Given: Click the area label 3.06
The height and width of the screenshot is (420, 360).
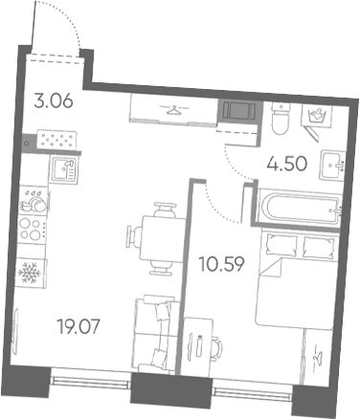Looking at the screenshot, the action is coord(54,101).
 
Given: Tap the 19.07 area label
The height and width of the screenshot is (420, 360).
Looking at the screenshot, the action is coord(79,326).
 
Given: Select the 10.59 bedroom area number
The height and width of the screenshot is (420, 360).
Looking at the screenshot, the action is coord(221,264).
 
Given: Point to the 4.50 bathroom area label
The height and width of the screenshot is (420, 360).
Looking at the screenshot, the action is coord(286,164).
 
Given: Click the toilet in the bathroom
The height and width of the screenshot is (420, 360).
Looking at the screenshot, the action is coord(281,119).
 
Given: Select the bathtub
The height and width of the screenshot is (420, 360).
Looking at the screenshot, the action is coord(300,207).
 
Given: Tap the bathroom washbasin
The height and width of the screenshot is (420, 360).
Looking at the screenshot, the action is coord(332,166).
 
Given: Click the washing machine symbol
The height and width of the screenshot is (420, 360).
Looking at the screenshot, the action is coord(317,115).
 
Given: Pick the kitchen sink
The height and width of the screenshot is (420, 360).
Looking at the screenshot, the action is coord(63,170).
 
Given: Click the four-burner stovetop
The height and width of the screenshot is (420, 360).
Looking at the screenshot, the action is coord(32,230).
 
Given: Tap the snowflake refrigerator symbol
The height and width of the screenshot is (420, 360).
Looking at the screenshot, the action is coord(30,274).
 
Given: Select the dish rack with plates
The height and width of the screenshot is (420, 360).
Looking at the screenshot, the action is coord(34,201).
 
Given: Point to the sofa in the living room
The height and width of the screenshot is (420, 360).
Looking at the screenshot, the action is coord(156,334).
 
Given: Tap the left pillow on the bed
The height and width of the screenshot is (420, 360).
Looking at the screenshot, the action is coord(281,244).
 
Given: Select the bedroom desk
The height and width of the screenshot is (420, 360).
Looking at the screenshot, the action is coord(197,347).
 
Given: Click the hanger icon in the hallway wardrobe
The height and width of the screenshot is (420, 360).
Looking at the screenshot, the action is coord(174,111).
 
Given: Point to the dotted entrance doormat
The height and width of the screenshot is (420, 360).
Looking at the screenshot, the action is coord(56,140).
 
